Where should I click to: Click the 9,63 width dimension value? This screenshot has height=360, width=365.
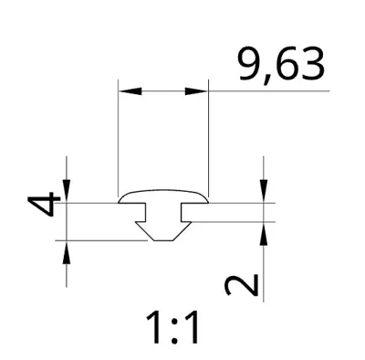point(280,65)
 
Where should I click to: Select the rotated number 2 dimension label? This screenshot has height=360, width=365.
point(241,285)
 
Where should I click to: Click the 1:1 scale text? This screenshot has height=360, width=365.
point(172,327)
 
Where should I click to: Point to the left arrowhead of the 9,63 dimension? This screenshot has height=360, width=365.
point(130,91)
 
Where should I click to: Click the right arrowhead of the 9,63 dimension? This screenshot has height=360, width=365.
point(196,91)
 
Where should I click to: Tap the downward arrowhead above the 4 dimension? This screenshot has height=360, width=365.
point(67,191)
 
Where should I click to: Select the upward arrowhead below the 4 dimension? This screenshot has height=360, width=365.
point(67,252)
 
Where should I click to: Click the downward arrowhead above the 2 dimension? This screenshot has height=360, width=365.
point(264,191)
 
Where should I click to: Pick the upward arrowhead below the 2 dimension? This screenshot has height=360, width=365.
point(264,233)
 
